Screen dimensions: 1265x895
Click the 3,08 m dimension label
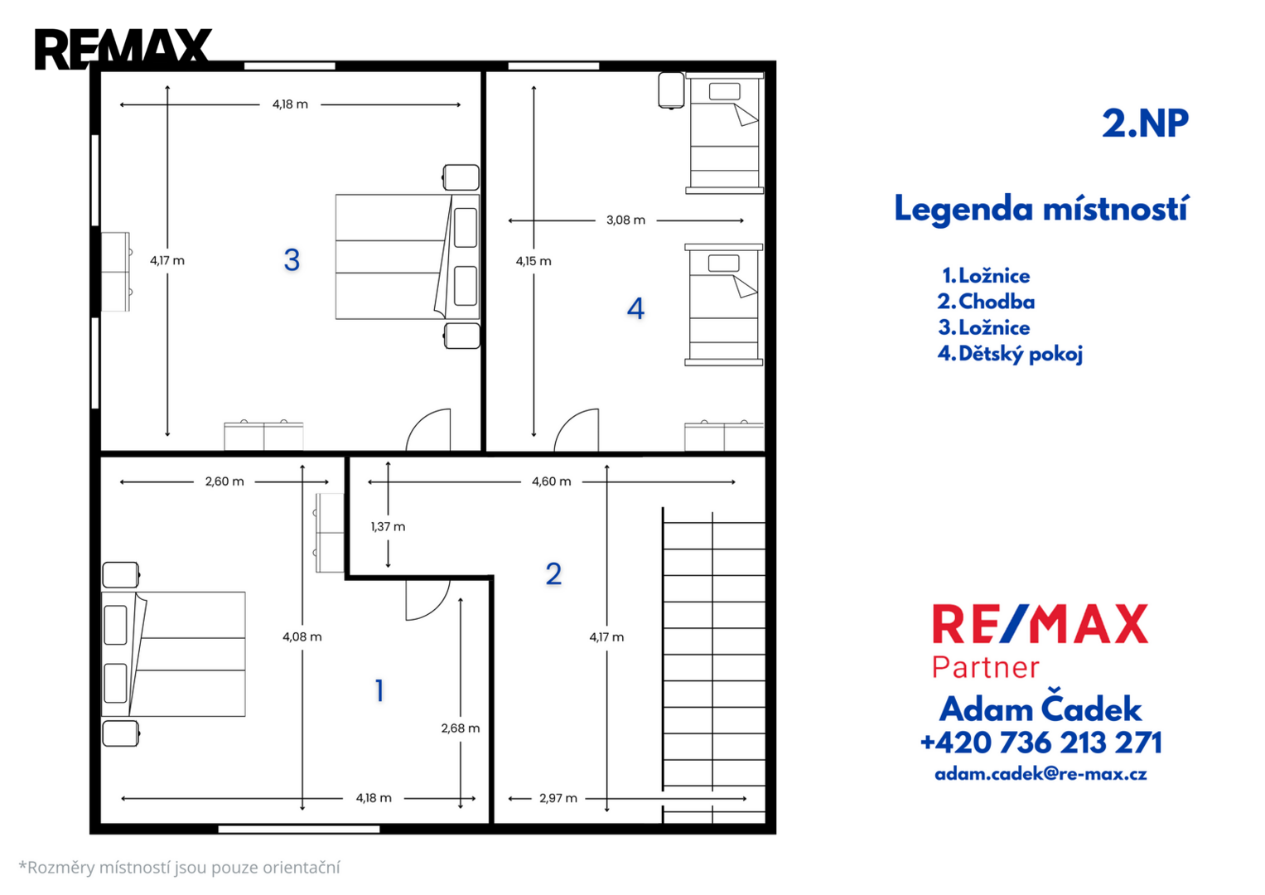[625, 220]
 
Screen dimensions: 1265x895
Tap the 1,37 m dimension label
[388, 526]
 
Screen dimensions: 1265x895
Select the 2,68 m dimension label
[461, 728]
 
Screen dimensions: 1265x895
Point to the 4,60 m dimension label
[551, 481]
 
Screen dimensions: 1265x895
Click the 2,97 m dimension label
[558, 798]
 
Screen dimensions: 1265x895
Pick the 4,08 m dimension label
[302, 636]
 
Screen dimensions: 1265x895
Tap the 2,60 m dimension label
[225, 481]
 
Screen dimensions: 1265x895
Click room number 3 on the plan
[292, 260]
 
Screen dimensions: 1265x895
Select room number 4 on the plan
[636, 308]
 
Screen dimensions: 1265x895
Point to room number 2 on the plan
[553, 574]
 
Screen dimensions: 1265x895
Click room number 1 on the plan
[379, 690]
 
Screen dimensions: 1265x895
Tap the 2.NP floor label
[1145, 123]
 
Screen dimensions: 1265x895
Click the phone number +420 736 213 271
[1040, 743]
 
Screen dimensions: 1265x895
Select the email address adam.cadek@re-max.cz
[1040, 773]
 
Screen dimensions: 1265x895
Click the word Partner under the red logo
[986, 667]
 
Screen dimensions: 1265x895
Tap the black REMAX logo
[123, 49]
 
